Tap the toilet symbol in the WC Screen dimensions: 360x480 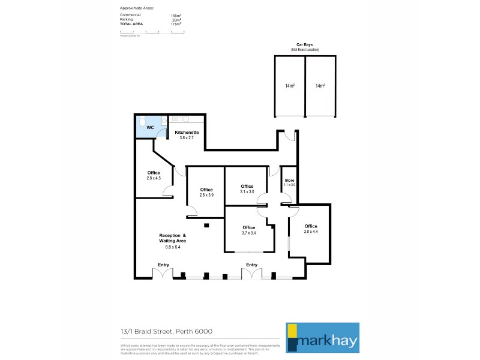coord(142,122)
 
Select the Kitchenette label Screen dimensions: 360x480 coord(187,132)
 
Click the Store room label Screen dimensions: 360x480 coord(289,180)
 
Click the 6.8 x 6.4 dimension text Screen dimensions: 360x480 coord(173,247)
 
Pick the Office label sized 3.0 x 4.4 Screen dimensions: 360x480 coord(310,226)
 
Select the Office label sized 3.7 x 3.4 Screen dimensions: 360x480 coord(249,227)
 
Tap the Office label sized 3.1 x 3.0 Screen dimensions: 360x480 coord(247,186)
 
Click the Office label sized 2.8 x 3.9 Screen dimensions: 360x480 coord(206,190)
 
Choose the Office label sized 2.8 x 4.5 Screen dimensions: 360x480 coord(154,173)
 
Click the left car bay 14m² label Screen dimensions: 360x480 coord(290,86)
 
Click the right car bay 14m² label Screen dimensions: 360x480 coord(320,86)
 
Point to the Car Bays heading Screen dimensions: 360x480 coord(305,45)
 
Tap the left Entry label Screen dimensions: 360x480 coord(163,265)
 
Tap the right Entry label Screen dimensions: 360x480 coord(251,265)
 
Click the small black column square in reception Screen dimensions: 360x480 coord(206,225)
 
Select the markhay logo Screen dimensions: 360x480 coord(322,337)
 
